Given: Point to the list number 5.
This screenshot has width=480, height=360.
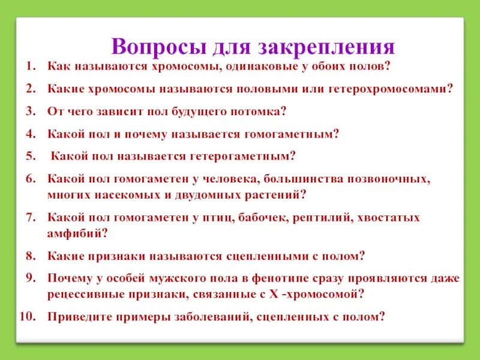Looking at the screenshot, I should pyautogui.click(x=30, y=156).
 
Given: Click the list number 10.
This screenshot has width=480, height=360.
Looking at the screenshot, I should pyautogui.click(x=28, y=317).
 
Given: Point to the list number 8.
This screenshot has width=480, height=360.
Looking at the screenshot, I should pyautogui.click(x=30, y=256).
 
